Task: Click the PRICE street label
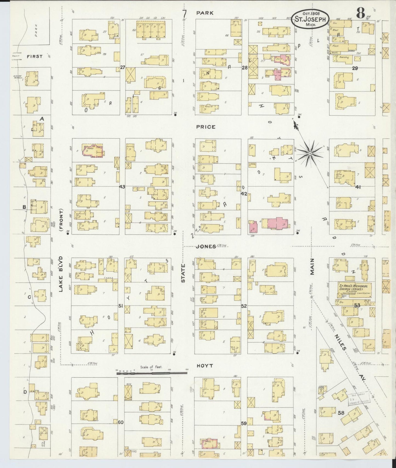click(206, 127)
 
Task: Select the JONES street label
click(206, 247)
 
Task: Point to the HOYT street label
click(205, 366)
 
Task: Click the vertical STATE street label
click(183, 273)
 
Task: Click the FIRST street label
click(35, 56)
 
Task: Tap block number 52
click(244, 306)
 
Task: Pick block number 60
click(121, 422)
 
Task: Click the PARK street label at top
click(205, 13)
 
